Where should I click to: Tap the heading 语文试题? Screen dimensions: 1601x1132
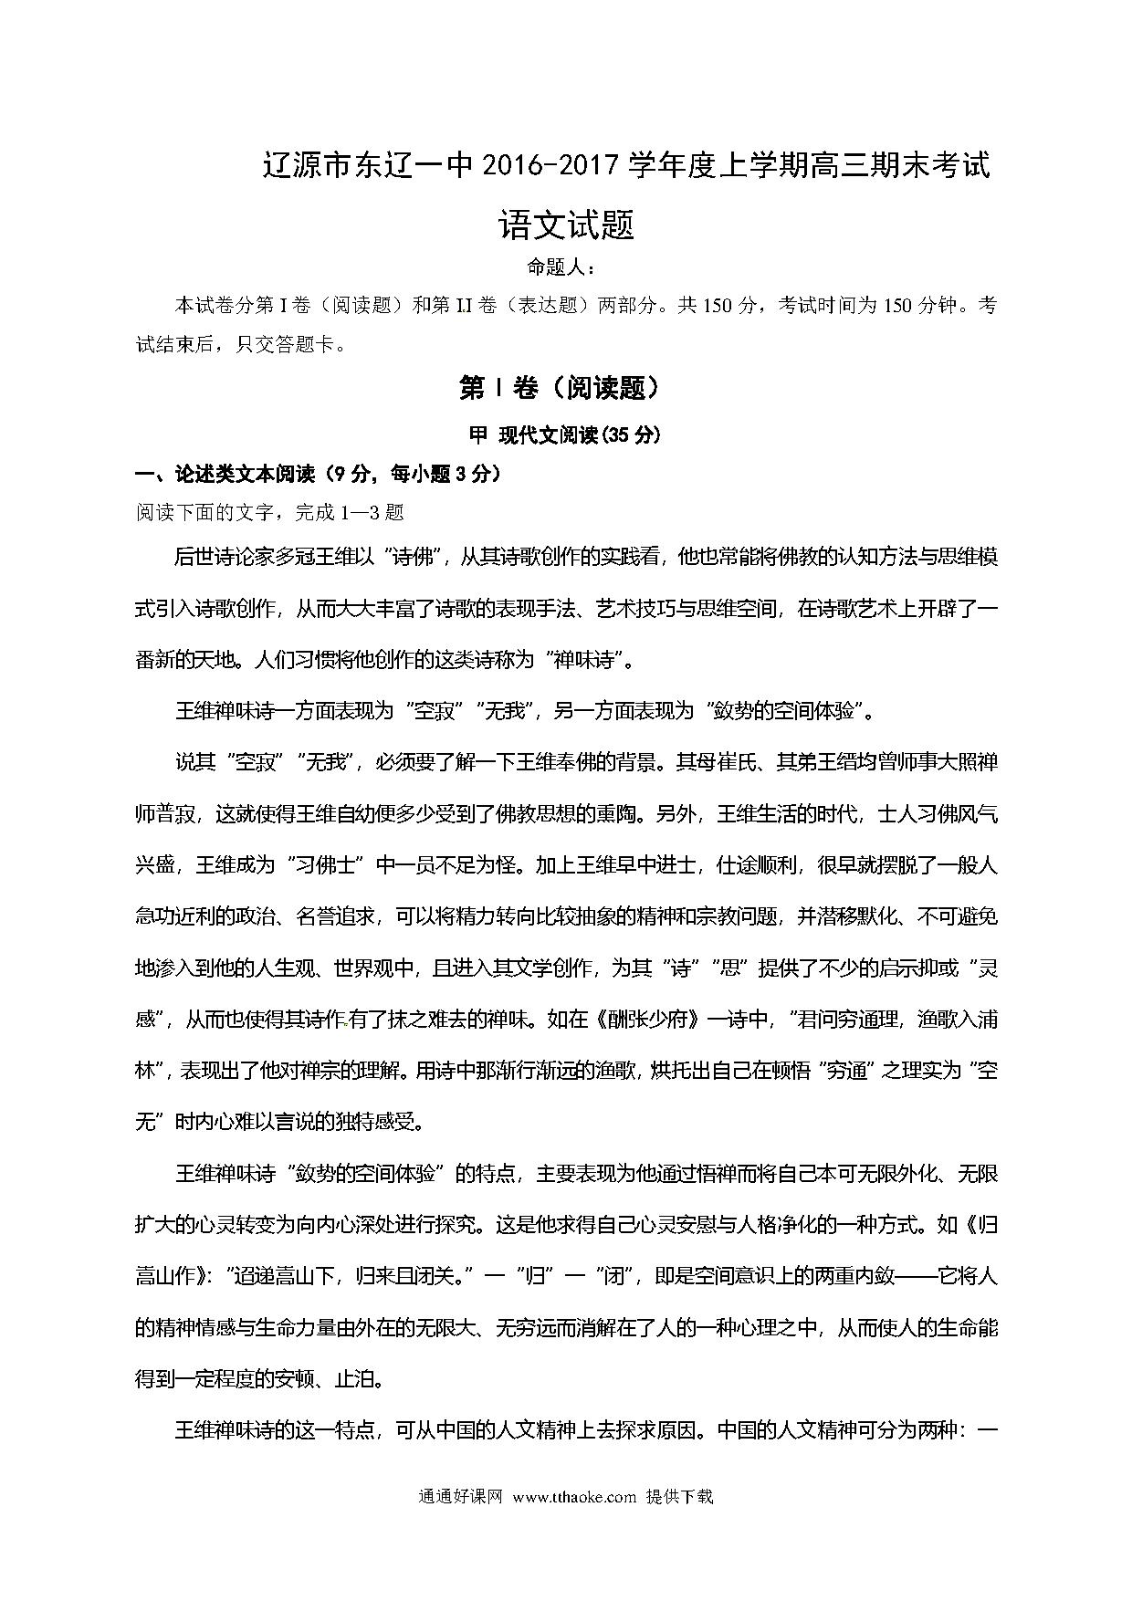(x=566, y=225)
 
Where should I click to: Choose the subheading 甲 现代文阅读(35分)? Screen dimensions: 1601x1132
(x=565, y=435)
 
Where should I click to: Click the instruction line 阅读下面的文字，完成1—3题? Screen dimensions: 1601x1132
(x=270, y=512)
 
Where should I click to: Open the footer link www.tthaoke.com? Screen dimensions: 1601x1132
(x=574, y=1497)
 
